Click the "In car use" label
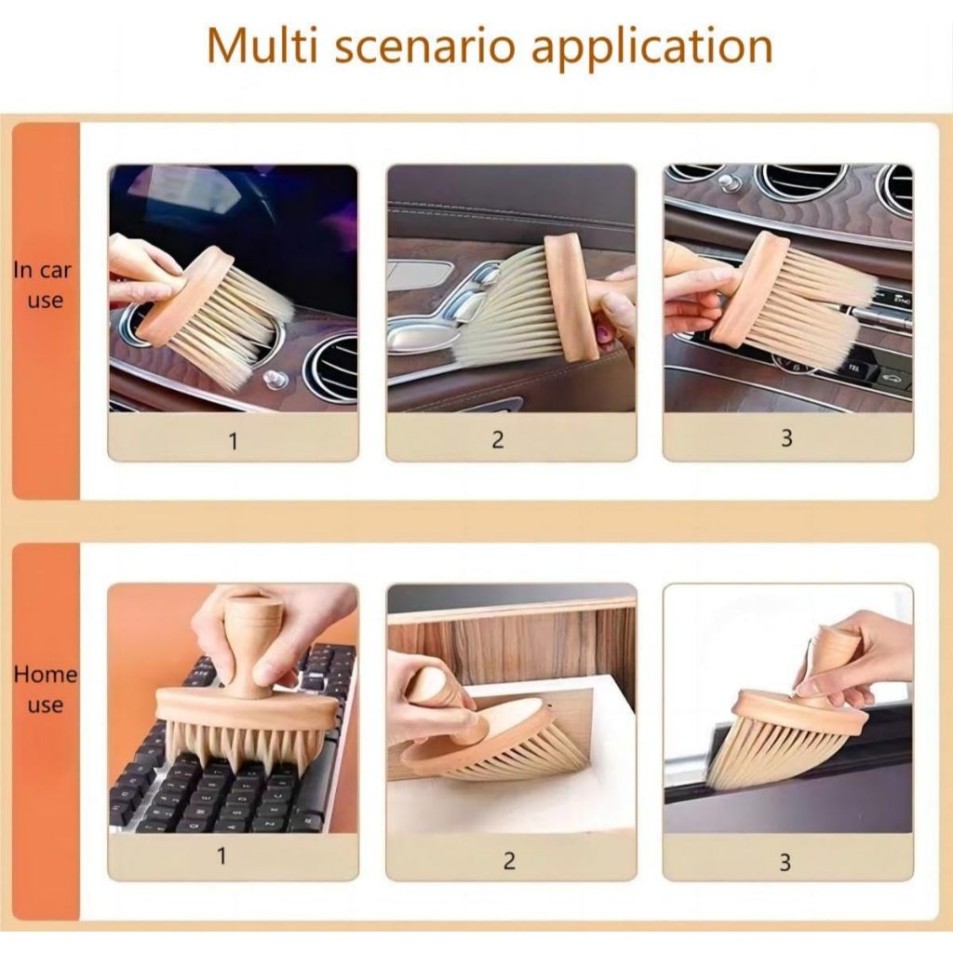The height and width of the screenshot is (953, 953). [43, 285]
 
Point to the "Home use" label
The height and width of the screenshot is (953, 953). [45, 690]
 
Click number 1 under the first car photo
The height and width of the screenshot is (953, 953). [234, 441]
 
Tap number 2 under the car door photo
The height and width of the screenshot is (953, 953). [498, 439]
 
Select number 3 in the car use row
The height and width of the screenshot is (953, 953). [786, 437]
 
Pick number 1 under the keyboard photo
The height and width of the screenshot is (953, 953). [222, 856]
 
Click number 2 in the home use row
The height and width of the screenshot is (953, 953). [509, 860]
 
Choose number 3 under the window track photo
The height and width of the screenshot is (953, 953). [785, 862]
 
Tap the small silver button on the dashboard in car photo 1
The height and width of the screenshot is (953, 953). [275, 379]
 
